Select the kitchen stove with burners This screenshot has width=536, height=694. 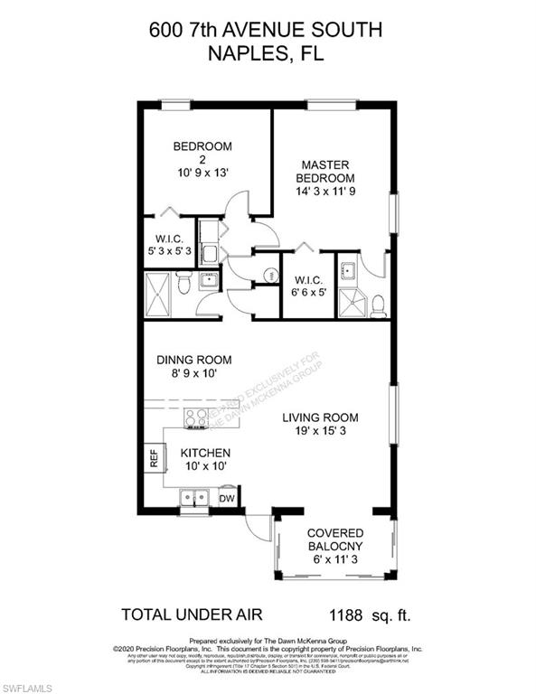196,417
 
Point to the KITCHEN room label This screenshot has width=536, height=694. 205,453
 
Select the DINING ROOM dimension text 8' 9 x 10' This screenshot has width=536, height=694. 191,372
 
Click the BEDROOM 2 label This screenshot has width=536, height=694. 202,146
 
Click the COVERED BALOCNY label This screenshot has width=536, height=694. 335,540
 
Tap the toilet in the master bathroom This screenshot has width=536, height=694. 380,303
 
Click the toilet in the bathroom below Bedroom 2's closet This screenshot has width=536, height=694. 183,286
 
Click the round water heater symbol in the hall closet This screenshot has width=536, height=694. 268,275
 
